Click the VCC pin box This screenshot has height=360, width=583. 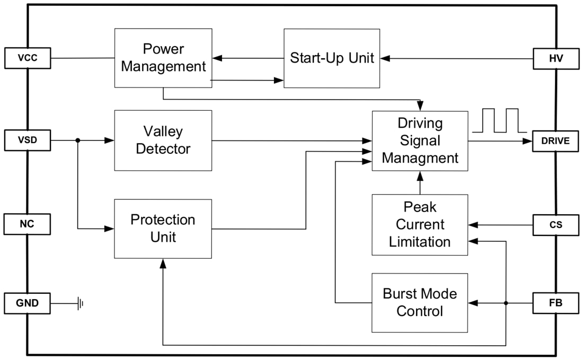pos(28,58)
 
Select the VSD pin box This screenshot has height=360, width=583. pos(28,141)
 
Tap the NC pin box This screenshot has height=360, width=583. pos(28,224)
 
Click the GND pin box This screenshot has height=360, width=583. pos(28,304)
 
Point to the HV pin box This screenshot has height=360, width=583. pos(555,58)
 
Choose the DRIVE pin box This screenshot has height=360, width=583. pos(555,141)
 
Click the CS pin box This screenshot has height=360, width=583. pos(555,225)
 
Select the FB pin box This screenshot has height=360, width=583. pos(555,303)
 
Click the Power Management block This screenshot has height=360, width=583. pos(163,58)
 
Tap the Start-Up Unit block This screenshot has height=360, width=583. pos(332,58)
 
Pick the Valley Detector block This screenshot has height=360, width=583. pos(163,141)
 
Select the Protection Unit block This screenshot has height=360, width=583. pos(163,229)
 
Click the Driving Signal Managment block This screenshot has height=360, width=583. pos(420,141)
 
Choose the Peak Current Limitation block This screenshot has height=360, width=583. pos(420,224)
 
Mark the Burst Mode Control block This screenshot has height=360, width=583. pos(420,303)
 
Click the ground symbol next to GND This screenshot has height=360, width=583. pos(81,304)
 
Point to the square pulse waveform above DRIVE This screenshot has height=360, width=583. pos(499,120)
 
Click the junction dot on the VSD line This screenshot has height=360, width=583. pos(78,141)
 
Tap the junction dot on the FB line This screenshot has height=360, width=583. pos(506,303)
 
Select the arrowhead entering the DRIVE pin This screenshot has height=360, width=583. pos(527,141)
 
